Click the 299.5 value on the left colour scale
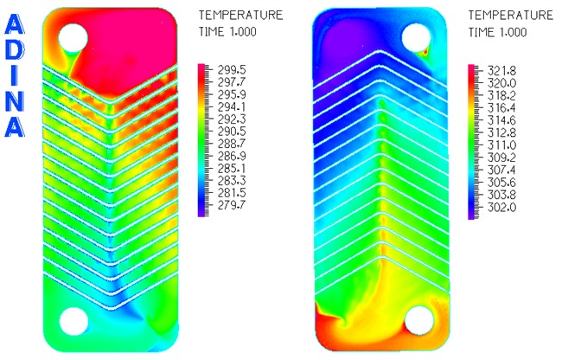[232, 69]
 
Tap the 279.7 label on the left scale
[232, 205]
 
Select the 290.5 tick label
[232, 132]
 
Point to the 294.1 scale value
[232, 106]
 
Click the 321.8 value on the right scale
[501, 71]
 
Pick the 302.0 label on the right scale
[501, 207]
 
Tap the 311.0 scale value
[501, 145]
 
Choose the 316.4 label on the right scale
[501, 108]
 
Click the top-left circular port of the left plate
[73, 38]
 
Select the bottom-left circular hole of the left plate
[73, 321]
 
